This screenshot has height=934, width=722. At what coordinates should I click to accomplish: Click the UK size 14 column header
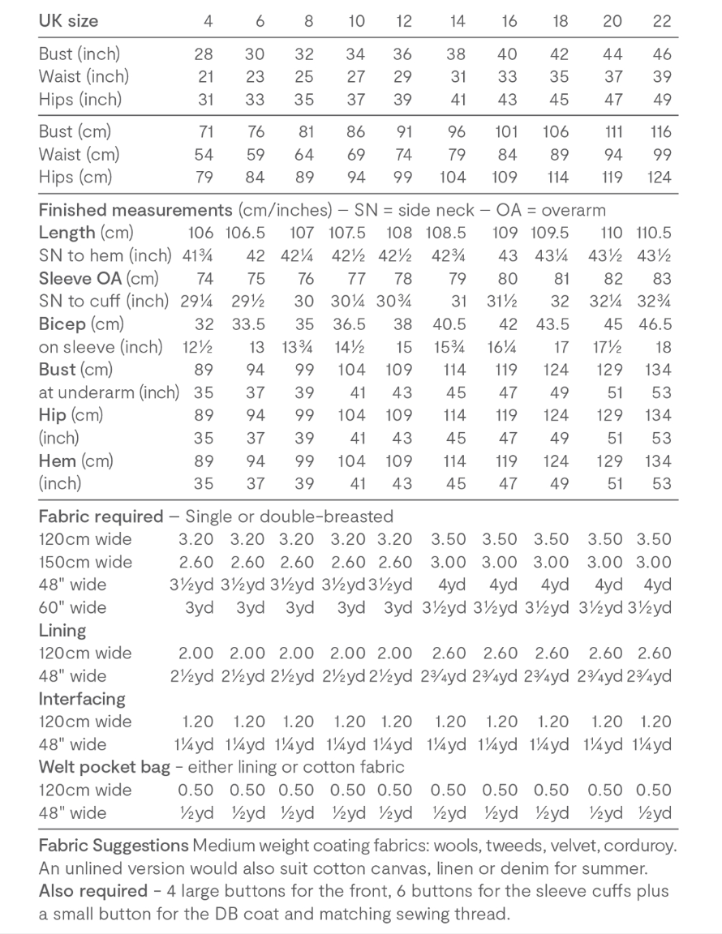pos(458,22)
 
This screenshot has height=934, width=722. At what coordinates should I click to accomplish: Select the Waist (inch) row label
pos(84,77)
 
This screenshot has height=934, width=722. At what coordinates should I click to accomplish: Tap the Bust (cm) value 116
pos(661,131)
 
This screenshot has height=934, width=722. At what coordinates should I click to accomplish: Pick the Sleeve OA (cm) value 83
pos(662,279)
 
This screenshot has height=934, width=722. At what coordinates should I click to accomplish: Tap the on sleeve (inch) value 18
pos(663,347)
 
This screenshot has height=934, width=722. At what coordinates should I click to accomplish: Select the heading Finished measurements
pos(135,211)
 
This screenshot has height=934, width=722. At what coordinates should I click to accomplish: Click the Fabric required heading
pos(101,516)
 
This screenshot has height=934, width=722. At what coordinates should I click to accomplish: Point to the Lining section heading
pos(62,630)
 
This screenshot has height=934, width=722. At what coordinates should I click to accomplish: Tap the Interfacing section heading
pos(82,698)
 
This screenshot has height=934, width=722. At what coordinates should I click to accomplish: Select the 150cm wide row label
pos(85,562)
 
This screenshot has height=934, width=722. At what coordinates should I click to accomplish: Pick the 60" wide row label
pos(72,607)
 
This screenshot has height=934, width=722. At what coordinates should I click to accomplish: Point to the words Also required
pos(92,892)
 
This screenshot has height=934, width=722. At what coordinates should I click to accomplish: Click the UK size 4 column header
pos(208,22)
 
